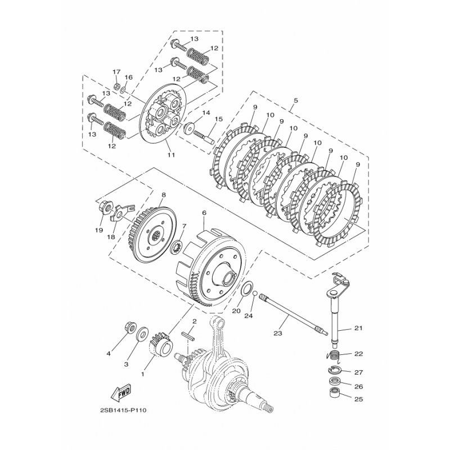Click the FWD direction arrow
pyautogui.click(x=121, y=391)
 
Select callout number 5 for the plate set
pyautogui.click(x=296, y=101)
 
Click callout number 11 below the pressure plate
pyautogui.click(x=171, y=155)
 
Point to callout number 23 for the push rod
pyautogui.click(x=278, y=333)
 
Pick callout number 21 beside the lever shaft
pyautogui.click(x=358, y=328)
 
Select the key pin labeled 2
pyautogui.click(x=188, y=336)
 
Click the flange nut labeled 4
pyautogui.click(x=130, y=328)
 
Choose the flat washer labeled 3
pyautogui.click(x=143, y=334)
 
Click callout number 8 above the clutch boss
pyautogui.click(x=163, y=195)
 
